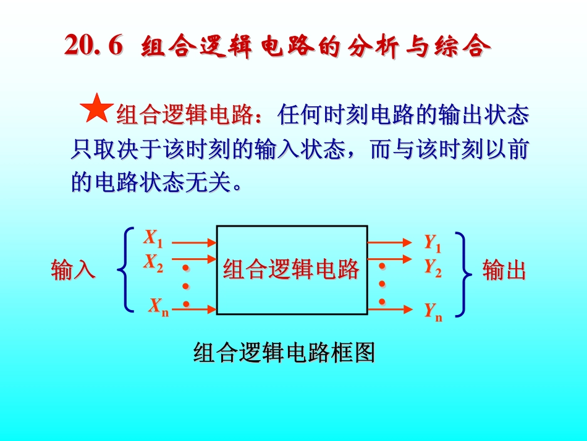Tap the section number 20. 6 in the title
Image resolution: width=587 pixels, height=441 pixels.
tap(94, 46)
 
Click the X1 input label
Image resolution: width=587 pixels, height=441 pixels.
tap(153, 238)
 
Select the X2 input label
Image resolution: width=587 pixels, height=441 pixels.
tap(153, 263)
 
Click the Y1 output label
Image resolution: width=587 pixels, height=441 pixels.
tap(433, 243)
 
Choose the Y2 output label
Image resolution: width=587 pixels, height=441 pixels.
tap(433, 267)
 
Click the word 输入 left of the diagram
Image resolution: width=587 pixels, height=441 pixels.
tap(73, 271)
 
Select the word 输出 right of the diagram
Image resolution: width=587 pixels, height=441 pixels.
tap(504, 271)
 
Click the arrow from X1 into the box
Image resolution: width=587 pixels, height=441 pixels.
tap(193, 243)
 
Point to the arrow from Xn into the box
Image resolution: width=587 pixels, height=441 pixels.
tap(193, 307)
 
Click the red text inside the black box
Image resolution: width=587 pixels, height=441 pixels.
tap(291, 270)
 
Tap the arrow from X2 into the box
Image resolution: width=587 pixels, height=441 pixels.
tap(193, 259)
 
